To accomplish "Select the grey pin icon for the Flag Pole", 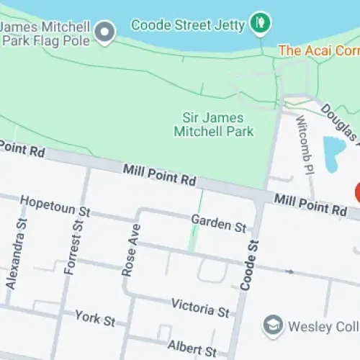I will tap(107, 32).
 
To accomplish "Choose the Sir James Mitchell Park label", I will tap(214, 125).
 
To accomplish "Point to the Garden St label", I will tap(219, 222).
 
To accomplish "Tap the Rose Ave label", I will tap(130, 250).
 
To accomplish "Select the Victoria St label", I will tap(200, 307).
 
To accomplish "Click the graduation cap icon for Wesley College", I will tap(272, 325).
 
